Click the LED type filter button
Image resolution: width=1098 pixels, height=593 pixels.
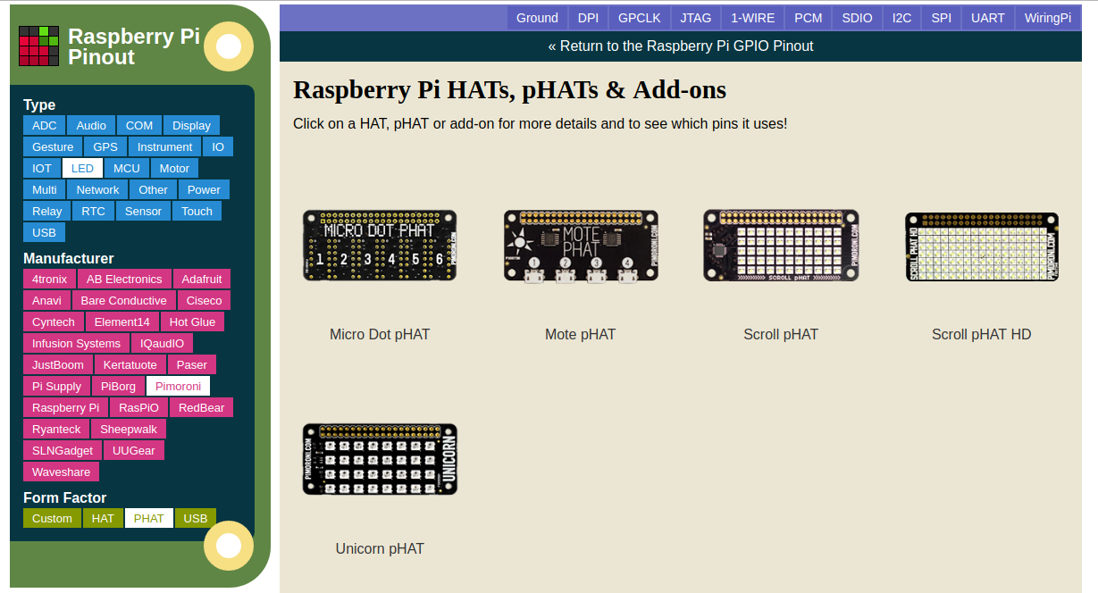pos(82,169)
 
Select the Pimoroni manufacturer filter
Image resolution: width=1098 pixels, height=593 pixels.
pos(178,386)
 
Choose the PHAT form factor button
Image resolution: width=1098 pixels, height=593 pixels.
pos(148,519)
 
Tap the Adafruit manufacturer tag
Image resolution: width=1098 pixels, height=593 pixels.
pos(201,280)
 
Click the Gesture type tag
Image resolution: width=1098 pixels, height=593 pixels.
pos(53,147)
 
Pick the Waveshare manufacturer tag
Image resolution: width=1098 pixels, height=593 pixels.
pos(61,472)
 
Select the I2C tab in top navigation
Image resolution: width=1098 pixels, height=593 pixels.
pos(901,18)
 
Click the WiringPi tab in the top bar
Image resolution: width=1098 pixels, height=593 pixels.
pos(1047,18)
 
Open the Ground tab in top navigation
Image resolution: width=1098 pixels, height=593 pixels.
pos(537,18)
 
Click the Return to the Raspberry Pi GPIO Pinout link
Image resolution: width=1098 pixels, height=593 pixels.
pos(681,46)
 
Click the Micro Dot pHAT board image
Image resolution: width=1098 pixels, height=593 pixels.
pos(380,246)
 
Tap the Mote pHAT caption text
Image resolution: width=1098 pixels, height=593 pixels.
pos(581,334)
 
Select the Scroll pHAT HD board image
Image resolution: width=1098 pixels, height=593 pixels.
pos(982,246)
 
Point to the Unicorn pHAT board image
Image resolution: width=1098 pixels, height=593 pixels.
pos(380,459)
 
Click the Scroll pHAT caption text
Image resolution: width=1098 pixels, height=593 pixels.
pos(781,334)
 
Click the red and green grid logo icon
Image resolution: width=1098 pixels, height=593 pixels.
pos(38,46)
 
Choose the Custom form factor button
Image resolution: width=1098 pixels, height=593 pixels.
pos(52,519)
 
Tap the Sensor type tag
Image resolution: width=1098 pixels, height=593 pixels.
pos(143,212)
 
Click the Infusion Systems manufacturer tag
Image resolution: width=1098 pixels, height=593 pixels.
pos(76,344)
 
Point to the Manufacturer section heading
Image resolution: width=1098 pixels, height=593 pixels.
pos(69,258)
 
